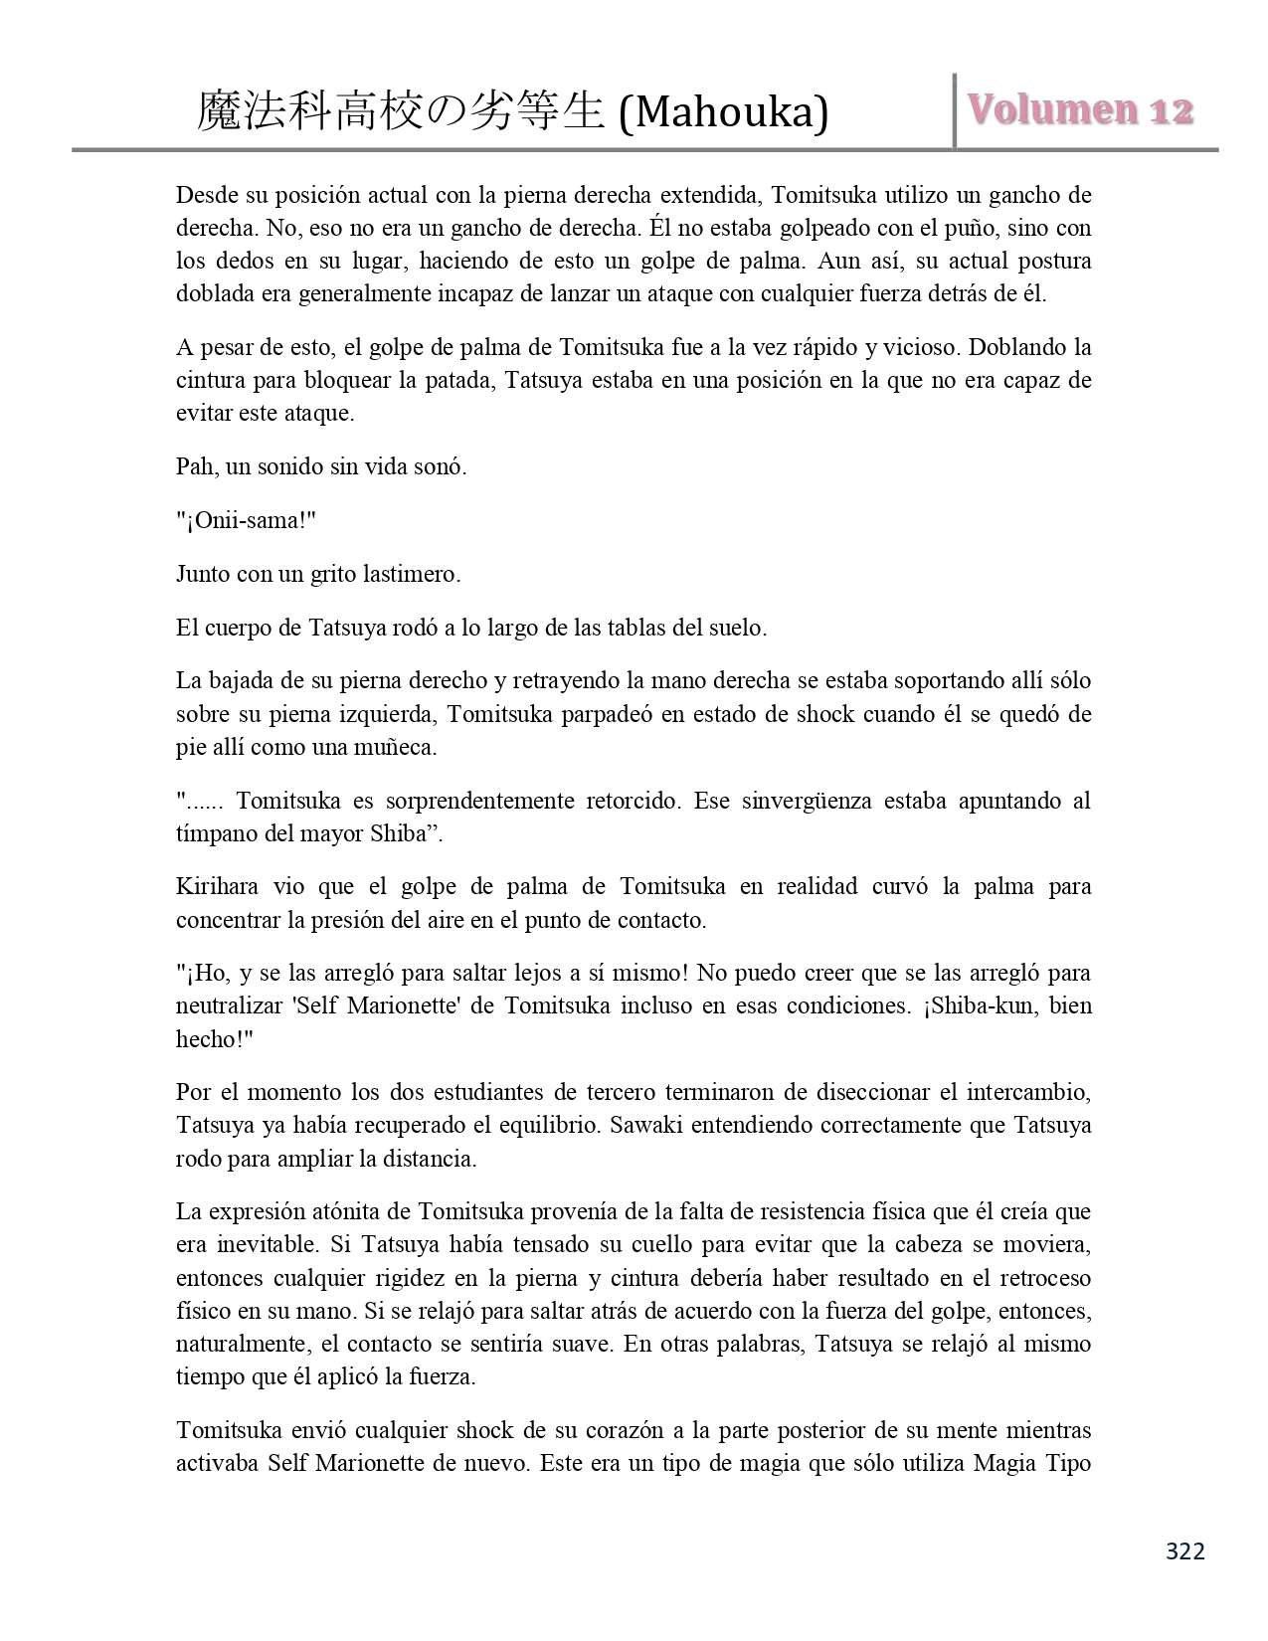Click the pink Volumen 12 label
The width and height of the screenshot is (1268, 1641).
[x=1080, y=110]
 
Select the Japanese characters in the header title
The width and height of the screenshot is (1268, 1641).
[x=402, y=111]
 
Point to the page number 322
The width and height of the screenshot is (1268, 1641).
[x=1184, y=1551]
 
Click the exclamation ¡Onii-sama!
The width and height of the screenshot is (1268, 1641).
[x=245, y=520]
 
